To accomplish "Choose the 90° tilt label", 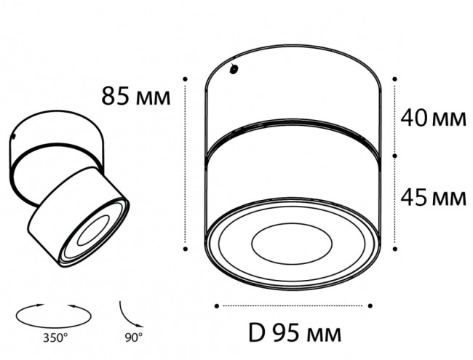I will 132,337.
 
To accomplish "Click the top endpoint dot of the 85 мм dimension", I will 187,77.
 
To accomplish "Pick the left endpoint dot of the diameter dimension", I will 218,305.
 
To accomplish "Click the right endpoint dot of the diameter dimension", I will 370,305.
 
